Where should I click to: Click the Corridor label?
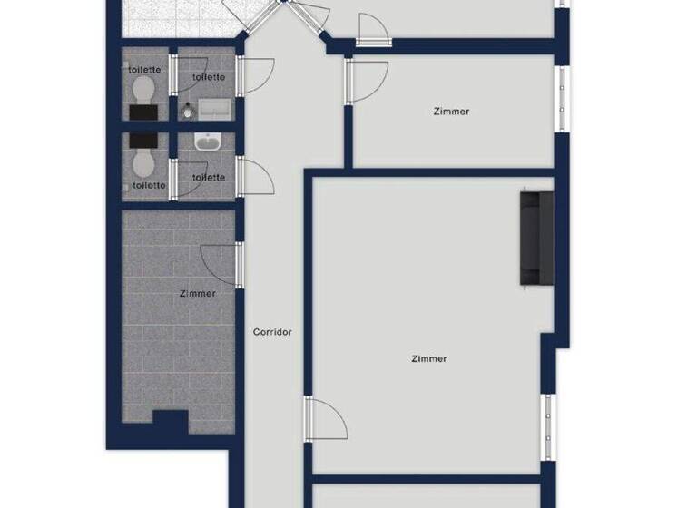[x=272, y=332]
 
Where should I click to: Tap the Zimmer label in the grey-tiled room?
[x=198, y=293]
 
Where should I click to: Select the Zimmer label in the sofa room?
[x=428, y=358]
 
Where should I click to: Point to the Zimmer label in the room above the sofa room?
[x=452, y=112]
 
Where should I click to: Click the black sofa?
[x=536, y=238]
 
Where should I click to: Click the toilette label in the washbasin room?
[x=209, y=177]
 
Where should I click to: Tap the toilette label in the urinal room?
[x=208, y=77]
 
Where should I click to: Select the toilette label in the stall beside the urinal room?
[x=144, y=70]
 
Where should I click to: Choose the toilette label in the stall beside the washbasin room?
[x=149, y=185]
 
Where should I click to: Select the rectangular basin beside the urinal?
[x=217, y=110]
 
